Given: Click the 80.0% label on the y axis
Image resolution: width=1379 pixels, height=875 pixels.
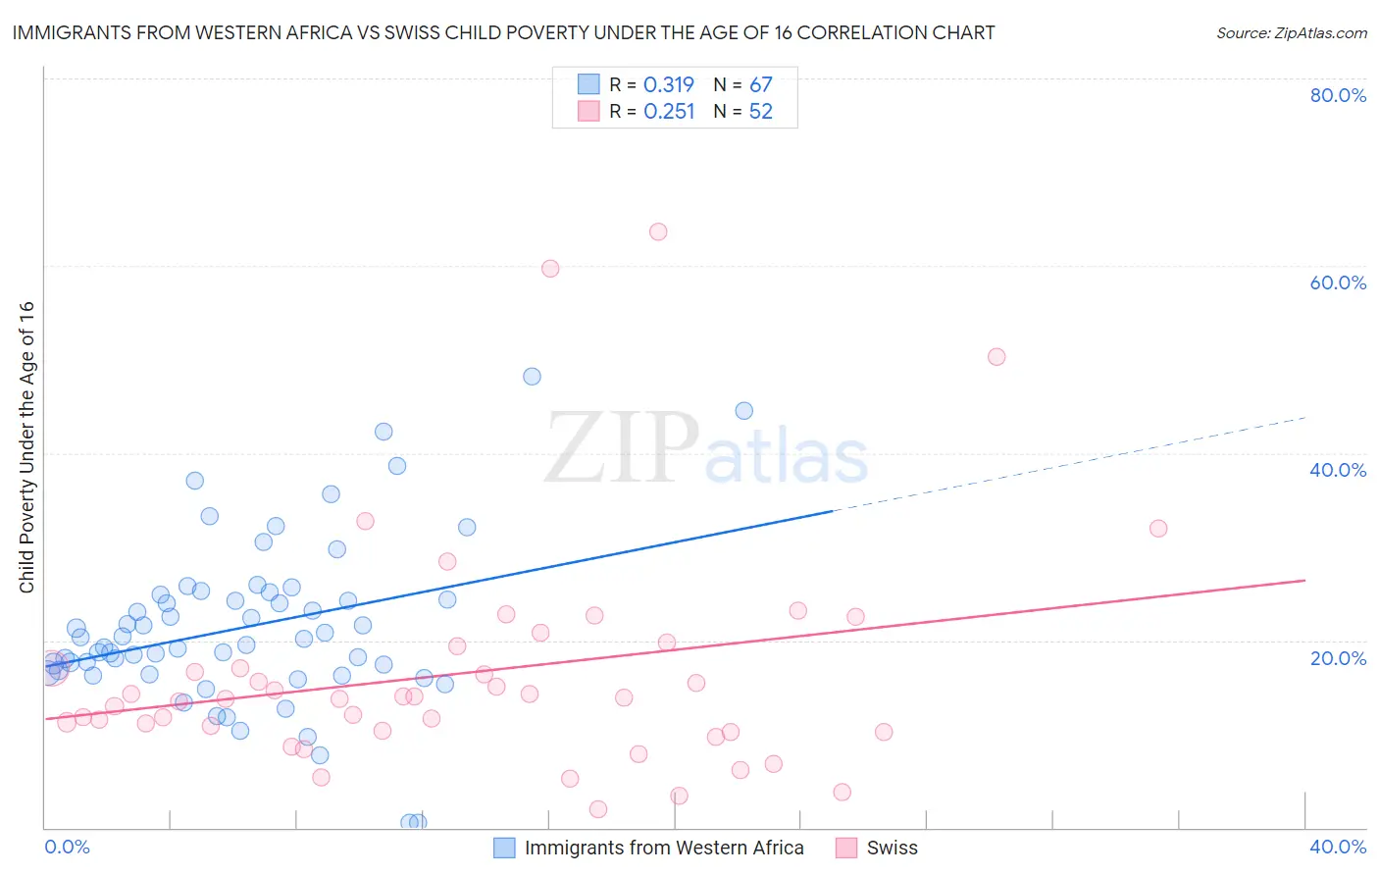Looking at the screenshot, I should click(1338, 95).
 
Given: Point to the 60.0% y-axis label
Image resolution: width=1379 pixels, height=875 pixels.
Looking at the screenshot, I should click(1338, 283).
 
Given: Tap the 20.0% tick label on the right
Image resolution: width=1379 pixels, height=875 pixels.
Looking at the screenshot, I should click(1338, 657).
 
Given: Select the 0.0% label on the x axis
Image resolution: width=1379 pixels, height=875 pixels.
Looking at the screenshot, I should click(67, 847).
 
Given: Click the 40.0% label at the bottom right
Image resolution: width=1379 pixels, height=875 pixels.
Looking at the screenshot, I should click(1338, 847).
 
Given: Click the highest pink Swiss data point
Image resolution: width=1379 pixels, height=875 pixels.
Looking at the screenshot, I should click(658, 232).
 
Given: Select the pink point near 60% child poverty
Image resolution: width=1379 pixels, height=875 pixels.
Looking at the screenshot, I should click(550, 269).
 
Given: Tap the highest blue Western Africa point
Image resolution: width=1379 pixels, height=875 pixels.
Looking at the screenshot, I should click(532, 377).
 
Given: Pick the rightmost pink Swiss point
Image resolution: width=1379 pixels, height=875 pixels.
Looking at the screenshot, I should click(1158, 529).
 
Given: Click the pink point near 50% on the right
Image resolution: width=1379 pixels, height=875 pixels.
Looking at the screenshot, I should click(996, 357).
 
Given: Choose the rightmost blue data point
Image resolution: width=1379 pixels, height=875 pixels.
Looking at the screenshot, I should click(744, 411).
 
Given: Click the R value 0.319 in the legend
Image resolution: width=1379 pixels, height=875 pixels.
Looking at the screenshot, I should click(669, 85).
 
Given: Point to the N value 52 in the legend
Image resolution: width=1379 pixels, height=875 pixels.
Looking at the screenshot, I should click(761, 112).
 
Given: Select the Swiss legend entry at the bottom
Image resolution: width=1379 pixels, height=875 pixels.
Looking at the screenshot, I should click(891, 848).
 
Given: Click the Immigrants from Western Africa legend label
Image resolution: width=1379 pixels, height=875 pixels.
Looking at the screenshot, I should click(664, 848).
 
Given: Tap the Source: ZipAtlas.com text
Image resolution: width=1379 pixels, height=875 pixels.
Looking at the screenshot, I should click(1292, 32).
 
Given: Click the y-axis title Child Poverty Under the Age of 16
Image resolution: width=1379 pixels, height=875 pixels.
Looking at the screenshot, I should click(27, 446).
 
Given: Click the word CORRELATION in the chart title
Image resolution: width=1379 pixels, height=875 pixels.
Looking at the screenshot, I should click(860, 32).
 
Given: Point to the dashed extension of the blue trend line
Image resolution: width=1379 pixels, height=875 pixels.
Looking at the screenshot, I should click(1069, 464).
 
